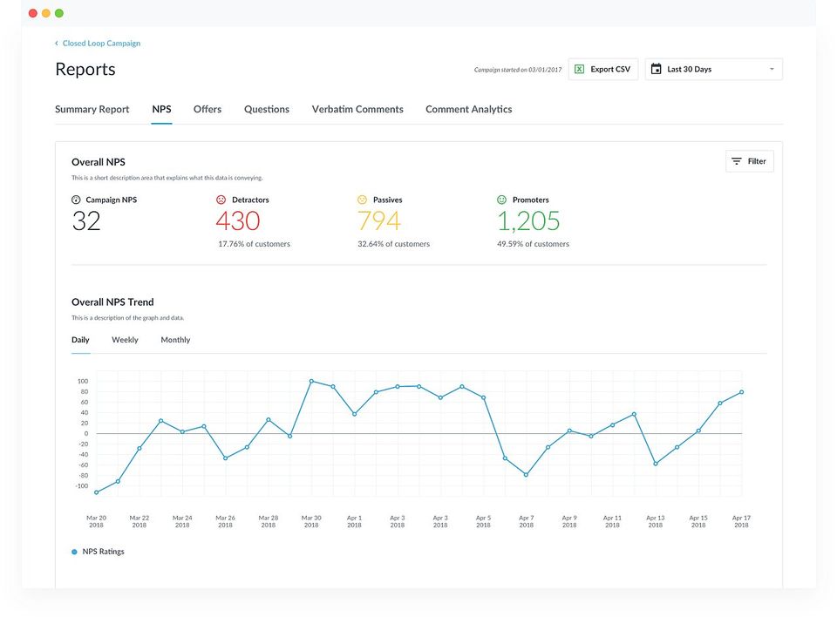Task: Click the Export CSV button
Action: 603,70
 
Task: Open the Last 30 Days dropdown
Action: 714,70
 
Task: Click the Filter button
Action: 750,161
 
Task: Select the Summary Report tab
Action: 92,110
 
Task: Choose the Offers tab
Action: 208,110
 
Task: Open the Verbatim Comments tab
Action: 357,110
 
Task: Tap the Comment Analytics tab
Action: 469,110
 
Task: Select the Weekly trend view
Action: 125,340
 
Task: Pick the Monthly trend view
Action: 175,340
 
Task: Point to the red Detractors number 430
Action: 237,221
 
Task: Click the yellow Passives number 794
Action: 379,221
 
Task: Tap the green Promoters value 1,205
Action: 528,221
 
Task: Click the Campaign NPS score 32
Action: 86,221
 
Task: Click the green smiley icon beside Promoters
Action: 502,200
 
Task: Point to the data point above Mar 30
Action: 311,381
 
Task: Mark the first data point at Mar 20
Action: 96,492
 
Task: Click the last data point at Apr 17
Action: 741,392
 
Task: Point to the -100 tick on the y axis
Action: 82,486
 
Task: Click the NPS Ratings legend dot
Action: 74,552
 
